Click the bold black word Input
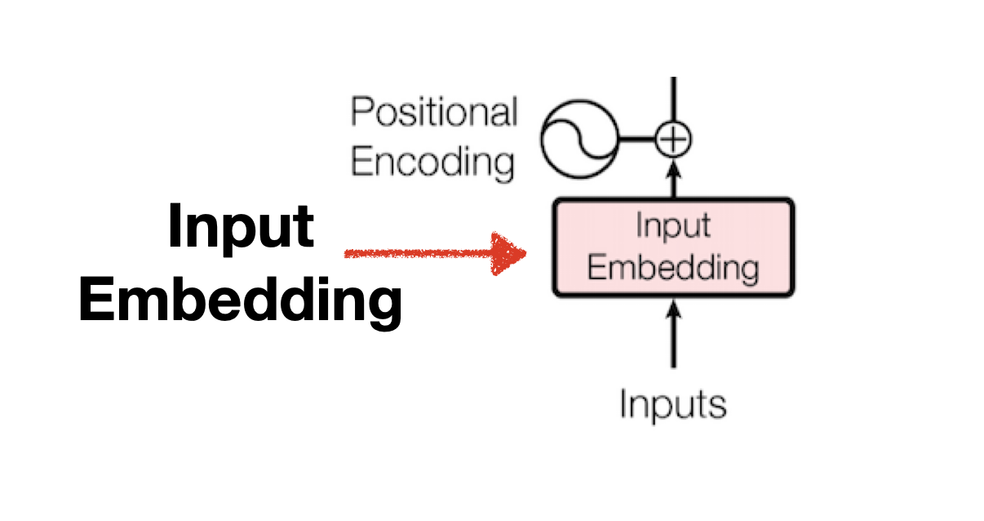241,226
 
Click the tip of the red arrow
523,254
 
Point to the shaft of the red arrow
416,254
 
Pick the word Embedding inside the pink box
673,267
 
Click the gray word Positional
434,112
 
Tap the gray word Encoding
432,161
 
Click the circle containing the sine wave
580,140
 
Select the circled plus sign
673,140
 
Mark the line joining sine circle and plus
636,140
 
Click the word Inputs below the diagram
673,404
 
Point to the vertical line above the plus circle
673,98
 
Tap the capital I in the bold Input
175,226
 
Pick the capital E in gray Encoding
359,161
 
